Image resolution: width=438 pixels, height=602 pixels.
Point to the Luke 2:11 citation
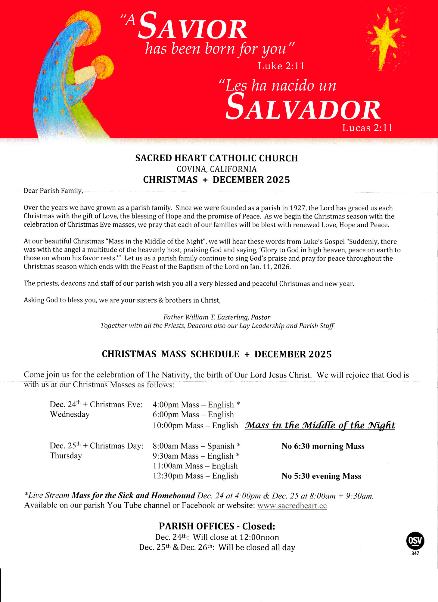click(281, 66)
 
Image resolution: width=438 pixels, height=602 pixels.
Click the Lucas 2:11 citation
click(367, 128)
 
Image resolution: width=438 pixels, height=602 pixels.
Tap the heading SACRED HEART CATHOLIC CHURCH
click(216, 158)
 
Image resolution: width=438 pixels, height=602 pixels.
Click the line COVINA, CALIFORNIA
click(216, 169)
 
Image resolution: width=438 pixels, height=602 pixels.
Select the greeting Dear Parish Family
click(53, 191)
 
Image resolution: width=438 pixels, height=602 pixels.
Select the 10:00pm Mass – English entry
click(195, 426)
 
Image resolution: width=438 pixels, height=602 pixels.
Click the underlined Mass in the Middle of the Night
click(320, 425)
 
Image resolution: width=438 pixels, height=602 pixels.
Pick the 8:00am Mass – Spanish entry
click(196, 446)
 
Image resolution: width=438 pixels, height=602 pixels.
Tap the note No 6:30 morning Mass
click(323, 446)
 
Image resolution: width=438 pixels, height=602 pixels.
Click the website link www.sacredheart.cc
click(292, 505)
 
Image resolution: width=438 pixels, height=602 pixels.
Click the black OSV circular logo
click(415, 541)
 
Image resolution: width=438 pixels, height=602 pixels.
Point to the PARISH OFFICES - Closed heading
click(217, 526)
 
